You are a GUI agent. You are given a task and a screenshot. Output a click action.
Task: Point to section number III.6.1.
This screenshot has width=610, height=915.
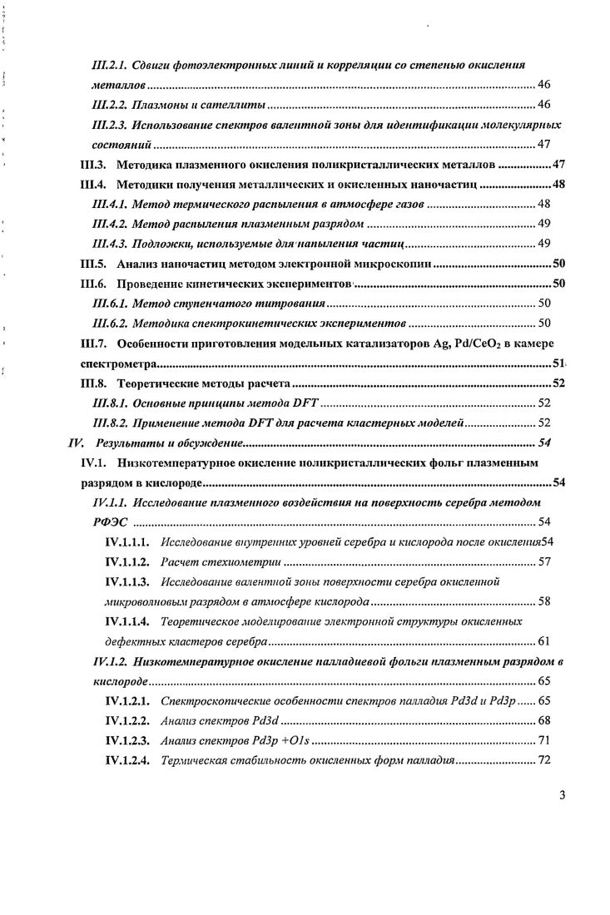[x=112, y=304]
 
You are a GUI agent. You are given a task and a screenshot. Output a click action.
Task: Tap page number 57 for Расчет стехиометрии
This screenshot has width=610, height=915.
[x=543, y=562]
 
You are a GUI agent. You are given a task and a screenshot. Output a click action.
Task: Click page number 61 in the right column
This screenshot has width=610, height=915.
[x=543, y=642]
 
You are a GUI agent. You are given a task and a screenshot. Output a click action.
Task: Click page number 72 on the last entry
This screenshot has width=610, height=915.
[x=543, y=762]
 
